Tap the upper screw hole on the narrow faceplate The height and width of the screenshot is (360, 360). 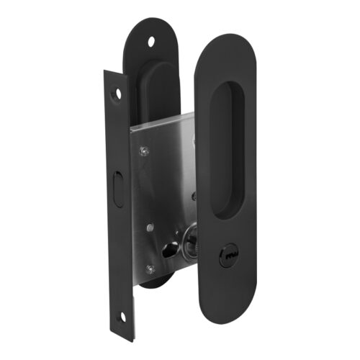pos(119,93)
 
